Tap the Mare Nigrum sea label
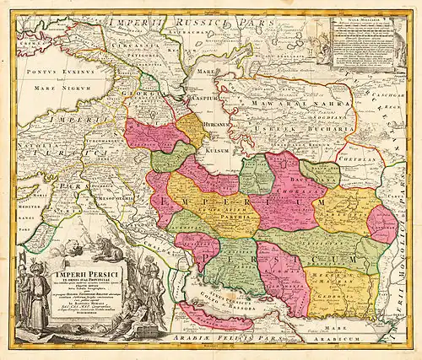coord(49,86)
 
